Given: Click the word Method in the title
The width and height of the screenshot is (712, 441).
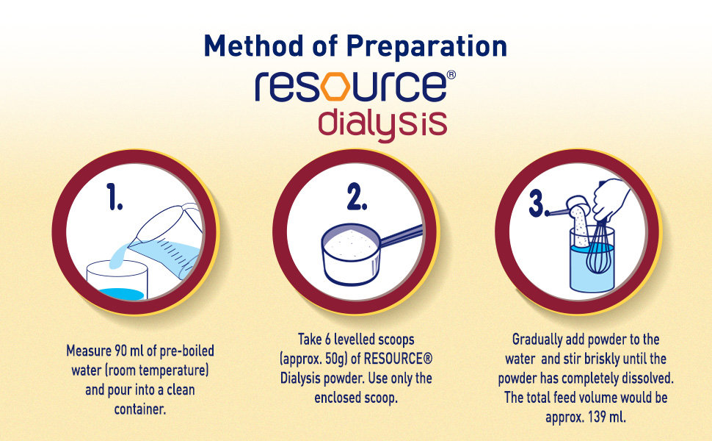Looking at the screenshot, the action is point(254,46).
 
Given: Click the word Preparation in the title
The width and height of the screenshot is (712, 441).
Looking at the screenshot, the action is point(426,47).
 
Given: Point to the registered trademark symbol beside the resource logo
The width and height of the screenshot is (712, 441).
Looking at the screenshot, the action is point(451,75).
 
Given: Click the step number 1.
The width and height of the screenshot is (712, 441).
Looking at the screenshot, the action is point(115,196).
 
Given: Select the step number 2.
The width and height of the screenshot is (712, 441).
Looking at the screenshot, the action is point(357,196).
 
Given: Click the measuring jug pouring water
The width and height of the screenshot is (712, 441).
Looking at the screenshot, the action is point(168,240).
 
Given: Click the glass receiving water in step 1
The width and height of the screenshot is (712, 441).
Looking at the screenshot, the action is point(117,280).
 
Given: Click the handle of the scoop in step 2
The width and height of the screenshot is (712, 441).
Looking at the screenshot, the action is point(401,236).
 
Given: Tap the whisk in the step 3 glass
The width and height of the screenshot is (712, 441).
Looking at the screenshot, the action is point(597,248).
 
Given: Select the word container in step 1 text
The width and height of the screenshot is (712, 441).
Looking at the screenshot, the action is point(140,409).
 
